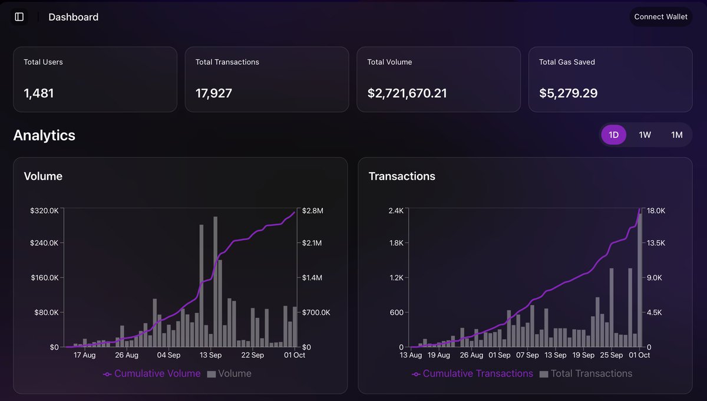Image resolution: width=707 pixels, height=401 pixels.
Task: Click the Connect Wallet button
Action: (x=660, y=17)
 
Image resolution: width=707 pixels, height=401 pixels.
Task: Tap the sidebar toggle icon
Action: (x=19, y=17)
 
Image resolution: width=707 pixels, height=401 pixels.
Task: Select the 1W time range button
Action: (x=645, y=135)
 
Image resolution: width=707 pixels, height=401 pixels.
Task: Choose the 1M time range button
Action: (x=676, y=135)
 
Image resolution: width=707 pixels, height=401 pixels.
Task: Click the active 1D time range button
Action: (x=613, y=135)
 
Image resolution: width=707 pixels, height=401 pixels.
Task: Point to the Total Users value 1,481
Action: (x=39, y=93)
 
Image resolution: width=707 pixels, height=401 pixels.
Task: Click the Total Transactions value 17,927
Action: (x=214, y=93)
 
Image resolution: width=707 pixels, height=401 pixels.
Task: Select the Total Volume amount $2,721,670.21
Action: (x=407, y=93)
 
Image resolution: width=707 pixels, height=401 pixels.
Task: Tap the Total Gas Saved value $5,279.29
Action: (x=569, y=93)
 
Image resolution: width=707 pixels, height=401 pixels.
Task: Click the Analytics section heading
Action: (x=44, y=135)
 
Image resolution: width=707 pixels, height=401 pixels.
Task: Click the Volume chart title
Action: (x=43, y=176)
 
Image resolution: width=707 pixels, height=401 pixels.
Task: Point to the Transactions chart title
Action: (x=402, y=176)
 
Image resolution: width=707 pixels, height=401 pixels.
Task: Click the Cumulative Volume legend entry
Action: (x=152, y=373)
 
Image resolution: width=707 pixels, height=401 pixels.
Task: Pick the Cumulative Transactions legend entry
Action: (x=473, y=373)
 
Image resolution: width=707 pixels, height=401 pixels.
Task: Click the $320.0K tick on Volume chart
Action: (x=44, y=211)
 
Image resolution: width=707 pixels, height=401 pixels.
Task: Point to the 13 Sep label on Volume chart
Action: (x=210, y=355)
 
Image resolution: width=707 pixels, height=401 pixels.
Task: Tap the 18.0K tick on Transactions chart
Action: (x=656, y=211)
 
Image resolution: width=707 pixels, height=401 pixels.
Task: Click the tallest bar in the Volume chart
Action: (x=216, y=282)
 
